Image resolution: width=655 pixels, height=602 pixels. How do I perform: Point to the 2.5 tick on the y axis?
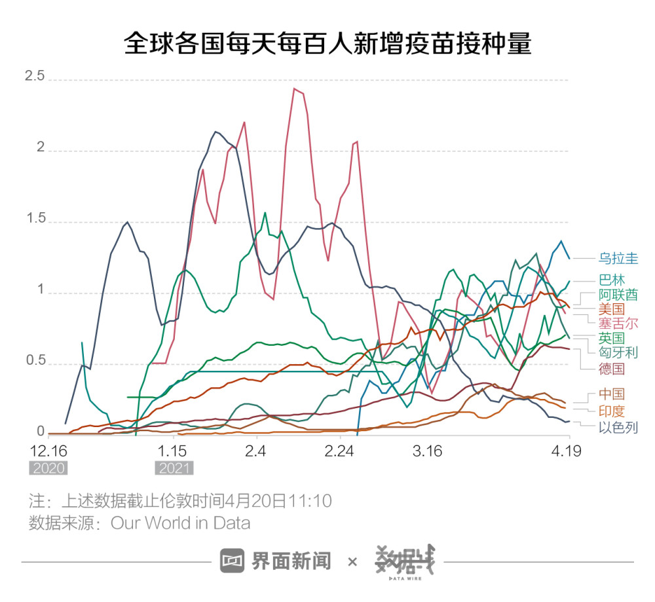point(34,76)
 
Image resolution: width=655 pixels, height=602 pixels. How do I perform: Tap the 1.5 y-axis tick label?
point(34,219)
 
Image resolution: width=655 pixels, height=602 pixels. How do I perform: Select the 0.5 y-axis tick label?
point(34,361)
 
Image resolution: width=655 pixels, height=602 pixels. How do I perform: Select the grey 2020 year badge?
point(48,468)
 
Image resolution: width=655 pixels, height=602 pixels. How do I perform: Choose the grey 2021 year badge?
point(174,468)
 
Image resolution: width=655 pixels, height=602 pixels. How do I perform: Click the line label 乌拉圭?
point(618,258)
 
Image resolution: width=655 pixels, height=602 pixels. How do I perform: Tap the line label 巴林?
point(612,280)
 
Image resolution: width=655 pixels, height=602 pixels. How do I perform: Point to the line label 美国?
point(612,309)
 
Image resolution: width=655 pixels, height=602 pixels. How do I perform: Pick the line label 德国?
point(612,369)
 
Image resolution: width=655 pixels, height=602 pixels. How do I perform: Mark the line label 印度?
point(612,411)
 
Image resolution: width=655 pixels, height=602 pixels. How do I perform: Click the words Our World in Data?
point(180,523)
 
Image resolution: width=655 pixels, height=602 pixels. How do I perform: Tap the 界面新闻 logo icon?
point(232,561)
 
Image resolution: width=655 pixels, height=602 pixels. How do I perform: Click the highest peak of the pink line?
point(295,88)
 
